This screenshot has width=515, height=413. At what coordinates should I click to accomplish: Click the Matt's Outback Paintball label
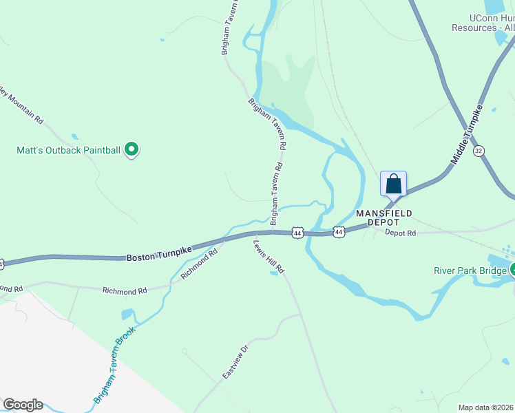(69, 149)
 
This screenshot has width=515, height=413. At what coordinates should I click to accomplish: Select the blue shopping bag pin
(393, 184)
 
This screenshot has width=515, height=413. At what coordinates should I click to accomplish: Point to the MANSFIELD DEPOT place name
(384, 218)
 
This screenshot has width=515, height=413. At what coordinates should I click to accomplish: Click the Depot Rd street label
(401, 233)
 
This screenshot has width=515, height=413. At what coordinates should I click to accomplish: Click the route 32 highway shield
(479, 150)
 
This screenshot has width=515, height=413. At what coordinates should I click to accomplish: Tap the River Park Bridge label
(471, 271)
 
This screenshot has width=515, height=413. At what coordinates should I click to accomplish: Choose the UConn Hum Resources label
(483, 23)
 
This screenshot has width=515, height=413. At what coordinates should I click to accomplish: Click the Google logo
(23, 405)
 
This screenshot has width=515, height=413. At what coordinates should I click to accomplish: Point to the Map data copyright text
(486, 407)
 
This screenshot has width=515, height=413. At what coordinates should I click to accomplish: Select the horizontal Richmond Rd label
(125, 291)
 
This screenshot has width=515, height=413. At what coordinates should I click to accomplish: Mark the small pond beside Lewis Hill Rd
(274, 273)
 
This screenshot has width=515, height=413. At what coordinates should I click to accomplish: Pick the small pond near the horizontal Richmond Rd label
(127, 315)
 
